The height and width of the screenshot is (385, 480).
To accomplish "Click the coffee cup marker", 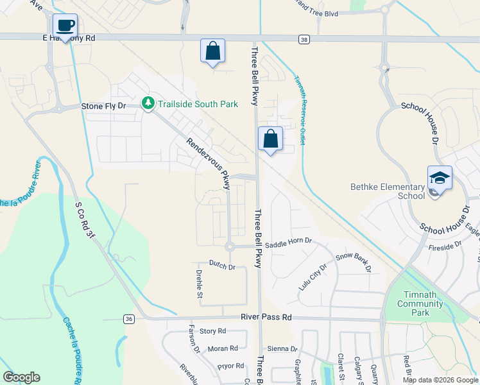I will (65, 26).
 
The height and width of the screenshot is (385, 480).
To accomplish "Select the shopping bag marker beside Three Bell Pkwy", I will (270, 139).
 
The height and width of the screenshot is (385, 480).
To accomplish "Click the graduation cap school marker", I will (440, 178).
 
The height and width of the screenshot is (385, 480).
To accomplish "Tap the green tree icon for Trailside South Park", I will (148, 104).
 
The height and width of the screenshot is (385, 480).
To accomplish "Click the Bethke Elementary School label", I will (387, 191).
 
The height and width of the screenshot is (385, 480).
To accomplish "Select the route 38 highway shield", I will (304, 39).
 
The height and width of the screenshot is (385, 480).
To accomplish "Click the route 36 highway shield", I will (129, 318).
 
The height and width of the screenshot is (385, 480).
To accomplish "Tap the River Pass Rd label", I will (266, 317).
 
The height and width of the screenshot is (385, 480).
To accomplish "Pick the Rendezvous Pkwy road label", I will (208, 164).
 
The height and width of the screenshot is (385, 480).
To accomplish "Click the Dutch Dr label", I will (222, 265).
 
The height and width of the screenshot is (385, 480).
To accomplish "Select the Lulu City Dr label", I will (313, 276).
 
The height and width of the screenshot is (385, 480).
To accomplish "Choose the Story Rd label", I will (213, 331).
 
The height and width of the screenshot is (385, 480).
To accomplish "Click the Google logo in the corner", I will (22, 377).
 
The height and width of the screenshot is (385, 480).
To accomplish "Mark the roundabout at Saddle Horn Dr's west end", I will (229, 247).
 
